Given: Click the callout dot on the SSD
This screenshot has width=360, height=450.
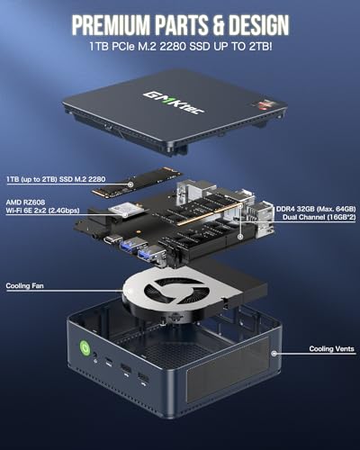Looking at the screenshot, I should click(x=132, y=184).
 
